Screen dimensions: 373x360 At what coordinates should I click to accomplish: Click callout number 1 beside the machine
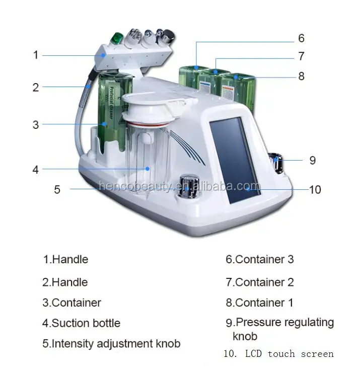coord(36,54)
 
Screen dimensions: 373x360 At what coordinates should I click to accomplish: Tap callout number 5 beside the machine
coord(57,189)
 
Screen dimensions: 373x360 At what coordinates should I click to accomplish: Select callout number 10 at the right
coord(315,189)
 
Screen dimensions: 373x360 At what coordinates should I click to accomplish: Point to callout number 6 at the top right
coord(301,38)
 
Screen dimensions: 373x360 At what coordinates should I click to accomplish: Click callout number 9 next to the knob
coord(312,160)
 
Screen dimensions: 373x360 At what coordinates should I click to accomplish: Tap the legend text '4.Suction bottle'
coord(81,323)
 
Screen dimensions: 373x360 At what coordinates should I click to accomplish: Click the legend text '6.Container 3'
coord(260,260)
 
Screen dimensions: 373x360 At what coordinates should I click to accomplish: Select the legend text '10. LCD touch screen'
coord(278,354)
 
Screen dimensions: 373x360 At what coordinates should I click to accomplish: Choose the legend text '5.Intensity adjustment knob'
coord(111,344)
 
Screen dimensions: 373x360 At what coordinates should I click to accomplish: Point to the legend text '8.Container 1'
coord(260,303)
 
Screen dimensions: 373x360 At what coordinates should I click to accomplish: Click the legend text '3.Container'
coord(71,303)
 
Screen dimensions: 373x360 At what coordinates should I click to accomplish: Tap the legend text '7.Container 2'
coord(260,282)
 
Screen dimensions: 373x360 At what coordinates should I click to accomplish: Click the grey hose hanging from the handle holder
coord(81,111)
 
